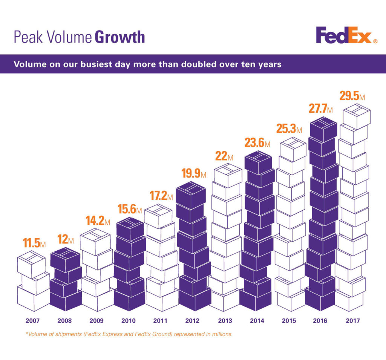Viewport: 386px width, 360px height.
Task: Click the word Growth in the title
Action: tap(119, 37)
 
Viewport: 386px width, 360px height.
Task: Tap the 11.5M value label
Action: tap(34, 243)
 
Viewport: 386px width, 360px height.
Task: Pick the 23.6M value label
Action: tap(257, 143)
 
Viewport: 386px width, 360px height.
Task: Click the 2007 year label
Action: tap(32, 321)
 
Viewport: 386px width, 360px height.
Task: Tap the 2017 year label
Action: tap(353, 321)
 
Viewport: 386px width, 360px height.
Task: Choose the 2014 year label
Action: tap(257, 321)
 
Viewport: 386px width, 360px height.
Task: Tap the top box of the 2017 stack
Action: tap(355, 116)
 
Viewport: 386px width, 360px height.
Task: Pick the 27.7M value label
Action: tap(320, 109)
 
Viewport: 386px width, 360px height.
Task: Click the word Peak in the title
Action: tap(26, 37)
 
